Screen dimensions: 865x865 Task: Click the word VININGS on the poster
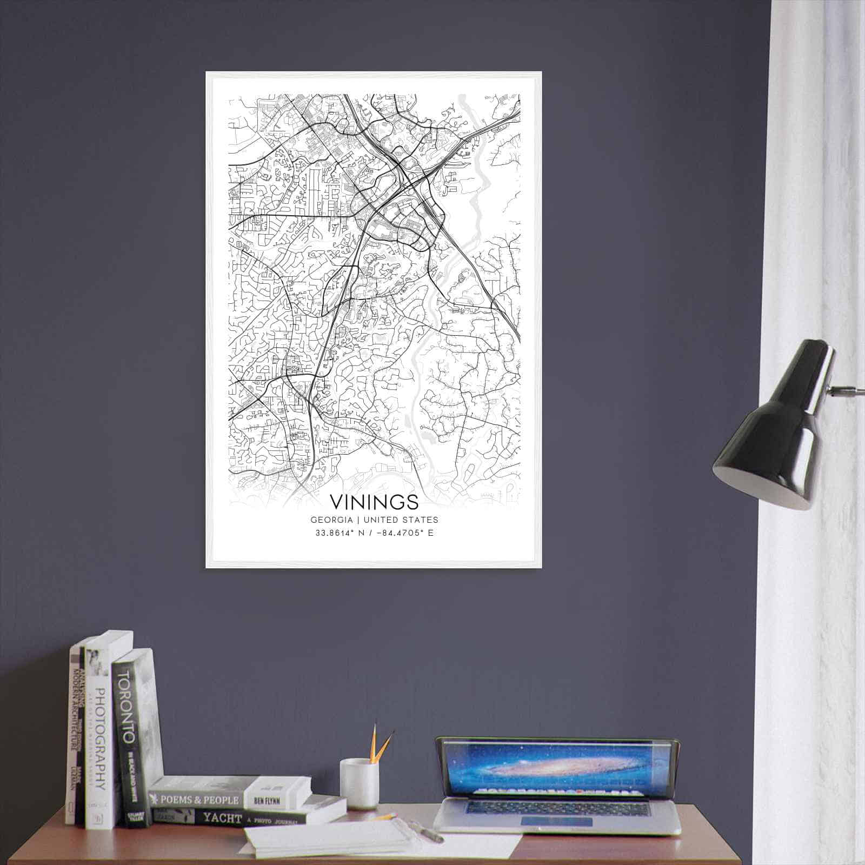[x=374, y=502]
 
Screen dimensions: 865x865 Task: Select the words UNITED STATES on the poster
[x=401, y=520]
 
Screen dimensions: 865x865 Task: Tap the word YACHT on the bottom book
[x=222, y=819]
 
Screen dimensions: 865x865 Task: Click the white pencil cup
[x=359, y=783]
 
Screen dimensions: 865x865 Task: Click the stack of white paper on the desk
[x=324, y=841]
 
